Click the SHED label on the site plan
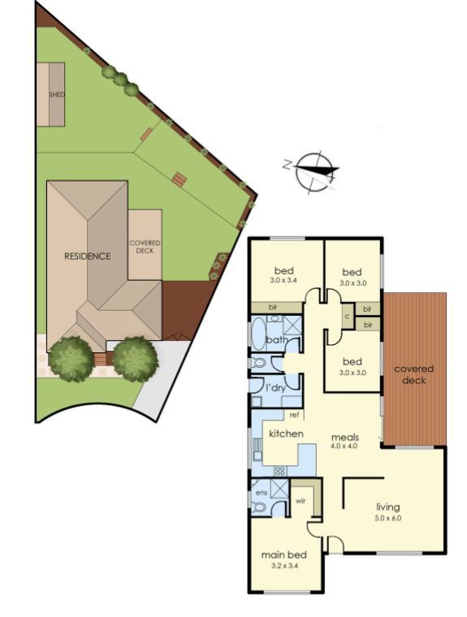point(57,95)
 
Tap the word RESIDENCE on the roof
point(88,257)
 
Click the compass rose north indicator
point(287,164)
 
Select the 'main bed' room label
point(284,554)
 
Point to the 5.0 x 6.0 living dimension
point(388,518)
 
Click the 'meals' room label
point(345,437)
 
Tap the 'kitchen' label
point(286,434)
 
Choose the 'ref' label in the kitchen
point(294,415)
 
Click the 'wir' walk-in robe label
point(301,501)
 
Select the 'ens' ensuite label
point(262,493)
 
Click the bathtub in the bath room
point(258,334)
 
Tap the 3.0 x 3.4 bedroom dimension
point(284,281)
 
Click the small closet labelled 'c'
point(347,316)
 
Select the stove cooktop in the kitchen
point(279,471)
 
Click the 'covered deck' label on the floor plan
point(414,374)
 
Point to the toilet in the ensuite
point(257,507)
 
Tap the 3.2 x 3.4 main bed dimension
point(284,566)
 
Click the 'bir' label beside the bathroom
point(272,308)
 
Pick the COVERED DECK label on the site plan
point(145,247)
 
